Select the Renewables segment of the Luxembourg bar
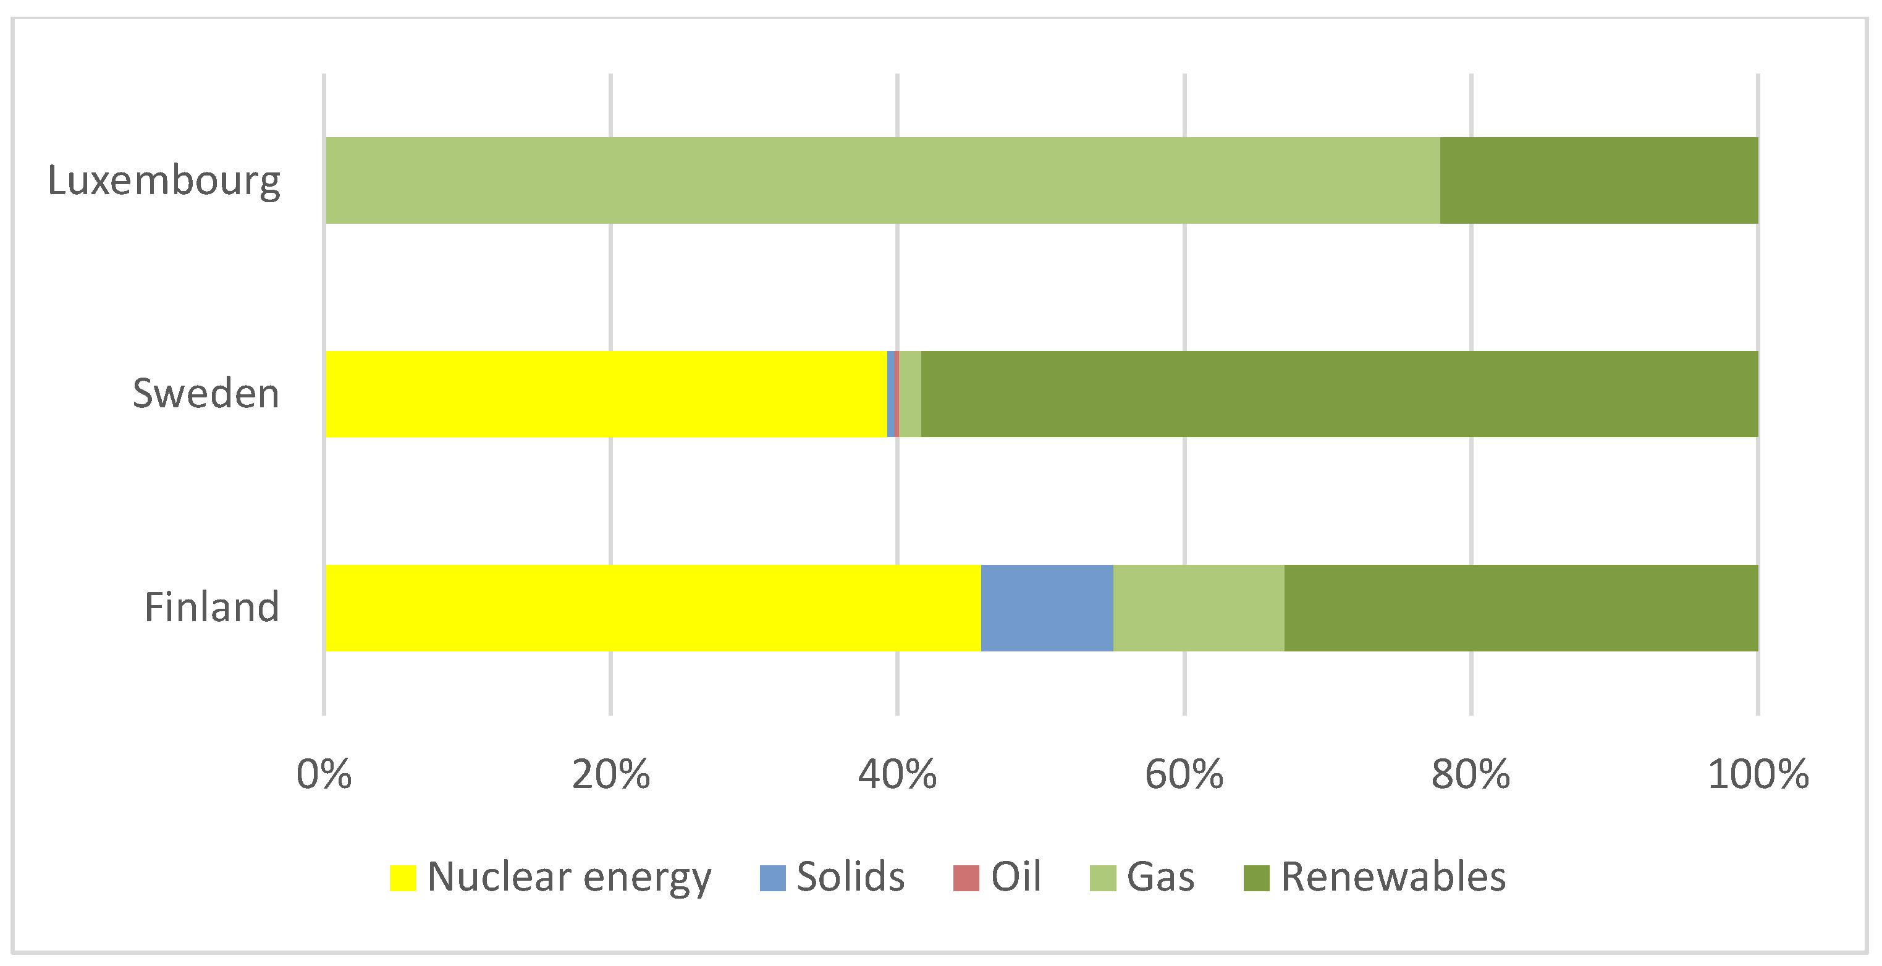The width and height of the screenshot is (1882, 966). (x=1598, y=180)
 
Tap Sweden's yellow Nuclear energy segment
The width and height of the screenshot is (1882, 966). (x=606, y=394)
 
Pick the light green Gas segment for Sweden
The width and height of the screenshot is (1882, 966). (x=909, y=394)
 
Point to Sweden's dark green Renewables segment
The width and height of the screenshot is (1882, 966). (x=1339, y=394)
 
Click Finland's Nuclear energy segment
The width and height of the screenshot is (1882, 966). (x=652, y=608)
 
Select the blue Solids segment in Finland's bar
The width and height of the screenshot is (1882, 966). (x=1047, y=608)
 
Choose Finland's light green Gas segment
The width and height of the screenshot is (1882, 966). (x=1198, y=608)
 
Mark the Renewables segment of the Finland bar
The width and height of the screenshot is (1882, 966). (x=1521, y=608)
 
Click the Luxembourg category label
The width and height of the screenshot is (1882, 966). (x=164, y=180)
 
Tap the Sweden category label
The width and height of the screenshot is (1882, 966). (x=206, y=394)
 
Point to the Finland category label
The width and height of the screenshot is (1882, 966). (x=212, y=607)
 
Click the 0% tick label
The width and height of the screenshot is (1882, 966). (x=324, y=774)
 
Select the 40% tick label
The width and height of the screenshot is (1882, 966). (x=897, y=774)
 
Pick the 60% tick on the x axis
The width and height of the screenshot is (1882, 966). (x=1184, y=774)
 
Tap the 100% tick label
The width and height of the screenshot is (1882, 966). (x=1758, y=774)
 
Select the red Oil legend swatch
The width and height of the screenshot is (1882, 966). (x=966, y=878)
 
